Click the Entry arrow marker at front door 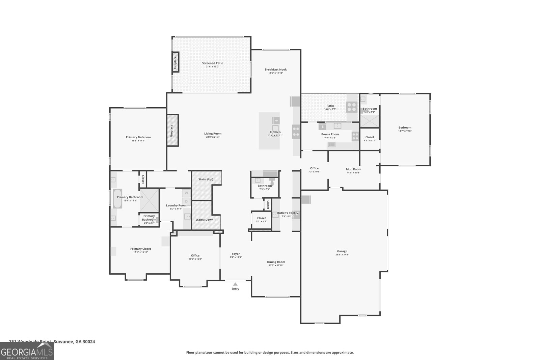coord(235,284)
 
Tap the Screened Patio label coord(213,63)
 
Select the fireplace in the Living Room coord(172,130)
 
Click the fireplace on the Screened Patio coord(175,62)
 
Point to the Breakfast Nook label coord(275,70)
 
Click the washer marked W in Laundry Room coord(186,193)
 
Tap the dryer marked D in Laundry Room coord(186,201)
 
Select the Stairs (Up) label coord(206,179)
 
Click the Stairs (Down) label coord(205,220)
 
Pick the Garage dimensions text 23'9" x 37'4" coord(342,255)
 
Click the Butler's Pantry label coord(288,213)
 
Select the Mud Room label coord(353,169)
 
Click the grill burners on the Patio coord(352,107)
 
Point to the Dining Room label coord(276,262)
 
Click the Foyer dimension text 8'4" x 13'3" coord(236,257)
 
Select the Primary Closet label coord(141,249)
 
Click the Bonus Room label coord(330,134)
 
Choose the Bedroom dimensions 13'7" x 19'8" coord(405,131)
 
